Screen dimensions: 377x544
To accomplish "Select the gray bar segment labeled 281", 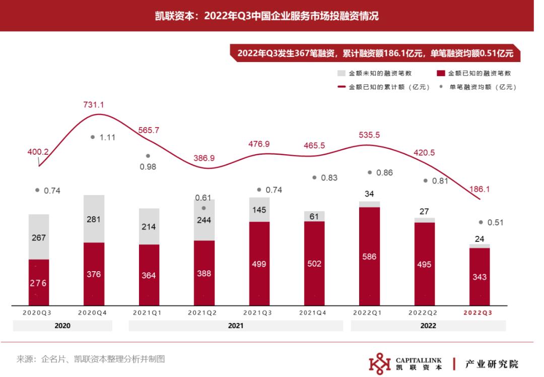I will pyautogui.click(x=94, y=219).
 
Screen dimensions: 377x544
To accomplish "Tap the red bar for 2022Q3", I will pyautogui.click(x=479, y=277).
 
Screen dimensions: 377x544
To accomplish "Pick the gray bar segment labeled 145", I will pyautogui.click(x=259, y=209).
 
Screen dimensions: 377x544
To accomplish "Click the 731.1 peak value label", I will pyautogui.click(x=94, y=105).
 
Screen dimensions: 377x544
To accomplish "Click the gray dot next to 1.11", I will pyautogui.click(x=93, y=137).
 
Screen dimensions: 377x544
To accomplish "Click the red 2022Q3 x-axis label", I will pyautogui.click(x=478, y=312).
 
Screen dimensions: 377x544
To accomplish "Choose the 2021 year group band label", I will pyautogui.click(x=236, y=326).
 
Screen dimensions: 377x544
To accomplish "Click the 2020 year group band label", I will pyautogui.click(x=62, y=326).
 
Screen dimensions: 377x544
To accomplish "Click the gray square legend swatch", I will pyautogui.click(x=342, y=74).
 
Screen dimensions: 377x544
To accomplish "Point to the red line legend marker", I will pyautogui.click(x=341, y=87).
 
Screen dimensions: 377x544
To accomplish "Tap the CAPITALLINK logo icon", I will pyautogui.click(x=380, y=364).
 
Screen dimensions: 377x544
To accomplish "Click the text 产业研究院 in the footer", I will pyautogui.click(x=492, y=364).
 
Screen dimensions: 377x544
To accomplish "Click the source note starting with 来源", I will pyautogui.click(x=91, y=359).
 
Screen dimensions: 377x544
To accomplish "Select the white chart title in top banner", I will pyautogui.click(x=267, y=16).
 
